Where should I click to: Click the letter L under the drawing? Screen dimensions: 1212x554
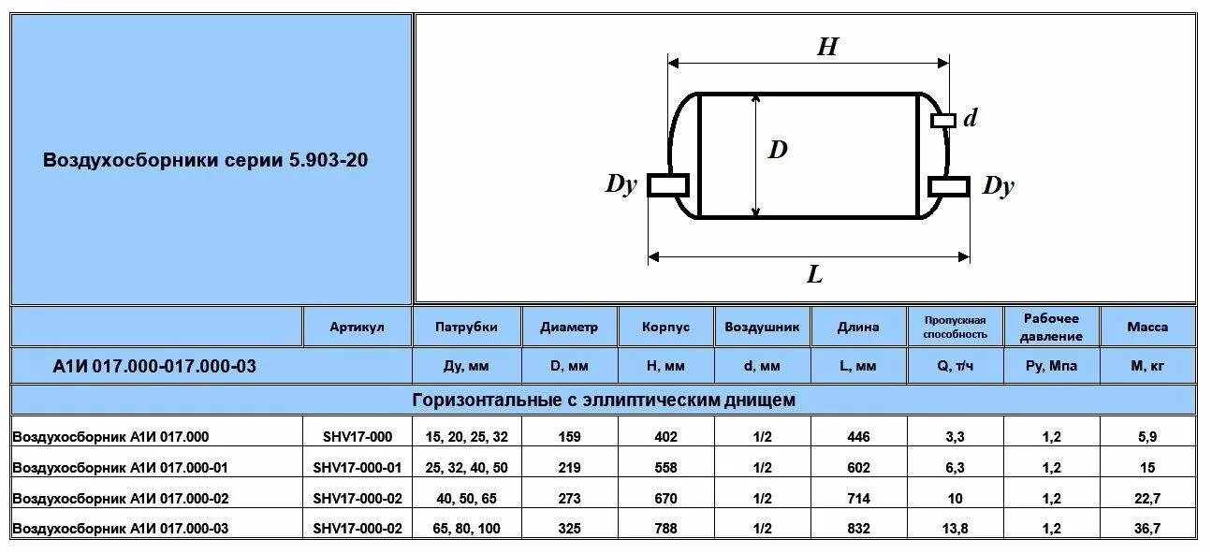click(x=814, y=274)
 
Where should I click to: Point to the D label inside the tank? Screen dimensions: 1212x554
click(x=778, y=149)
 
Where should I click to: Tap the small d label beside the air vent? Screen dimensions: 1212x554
click(x=971, y=118)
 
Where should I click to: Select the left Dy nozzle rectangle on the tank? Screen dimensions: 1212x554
click(x=668, y=184)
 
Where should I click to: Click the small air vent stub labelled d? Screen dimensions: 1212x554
click(x=943, y=120)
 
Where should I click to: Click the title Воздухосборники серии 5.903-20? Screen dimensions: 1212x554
click(x=206, y=160)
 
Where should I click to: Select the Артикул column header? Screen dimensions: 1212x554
click(x=357, y=327)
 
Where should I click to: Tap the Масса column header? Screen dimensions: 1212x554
click(x=1146, y=327)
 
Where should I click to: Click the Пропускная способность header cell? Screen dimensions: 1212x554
click(x=955, y=327)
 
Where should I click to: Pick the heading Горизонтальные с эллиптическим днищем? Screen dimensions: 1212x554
click(x=604, y=401)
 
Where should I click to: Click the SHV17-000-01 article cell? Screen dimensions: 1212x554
click(x=357, y=467)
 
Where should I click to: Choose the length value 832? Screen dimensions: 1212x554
click(x=857, y=529)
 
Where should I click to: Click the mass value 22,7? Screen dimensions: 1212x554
click(x=1146, y=498)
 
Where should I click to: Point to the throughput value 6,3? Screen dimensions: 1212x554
click(x=955, y=467)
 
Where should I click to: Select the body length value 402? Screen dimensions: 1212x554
click(x=665, y=436)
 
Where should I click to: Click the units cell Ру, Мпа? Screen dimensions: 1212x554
click(x=1051, y=366)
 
